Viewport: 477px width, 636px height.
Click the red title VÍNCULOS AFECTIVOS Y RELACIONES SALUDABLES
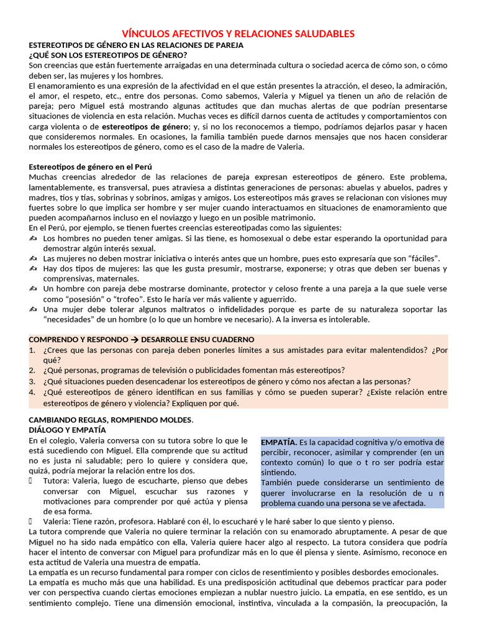tap(238, 34)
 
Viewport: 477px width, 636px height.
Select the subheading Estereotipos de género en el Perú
tap(91, 167)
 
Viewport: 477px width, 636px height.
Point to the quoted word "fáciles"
tap(420, 258)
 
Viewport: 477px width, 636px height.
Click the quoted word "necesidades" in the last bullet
tap(70, 319)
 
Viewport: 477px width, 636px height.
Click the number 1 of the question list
tap(32, 350)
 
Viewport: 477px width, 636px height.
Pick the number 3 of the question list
tap(32, 381)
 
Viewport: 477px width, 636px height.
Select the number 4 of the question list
tap(32, 392)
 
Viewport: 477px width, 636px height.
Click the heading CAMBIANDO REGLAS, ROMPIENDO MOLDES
tap(111, 419)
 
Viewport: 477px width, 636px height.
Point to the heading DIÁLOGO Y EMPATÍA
tap(67, 429)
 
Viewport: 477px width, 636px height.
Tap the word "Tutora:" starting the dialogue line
tap(57, 481)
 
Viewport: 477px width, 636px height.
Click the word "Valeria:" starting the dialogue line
tap(58, 522)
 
